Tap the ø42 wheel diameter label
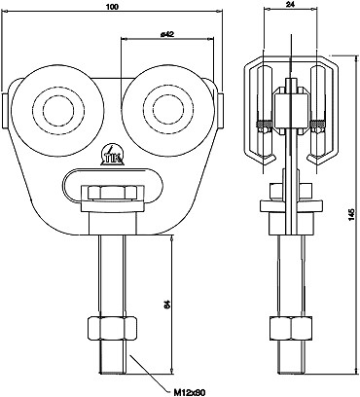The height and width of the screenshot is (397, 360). [167, 34]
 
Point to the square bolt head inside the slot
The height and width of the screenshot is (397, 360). [109, 192]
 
